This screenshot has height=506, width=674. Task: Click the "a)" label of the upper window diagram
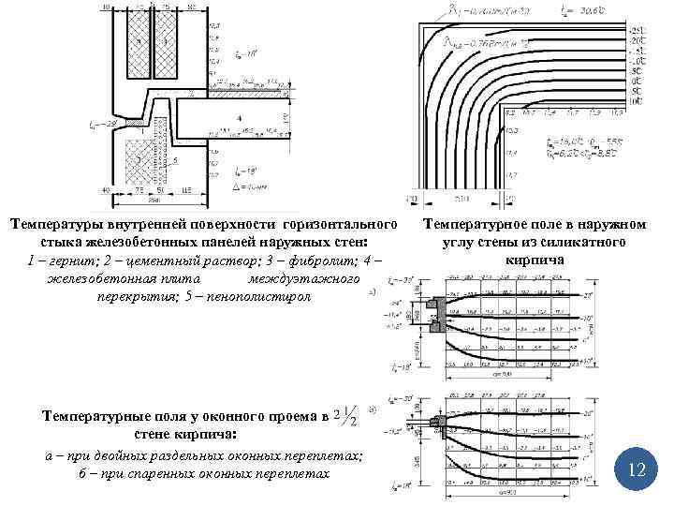[374, 291]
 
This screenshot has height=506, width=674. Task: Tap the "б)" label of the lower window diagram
[374, 409]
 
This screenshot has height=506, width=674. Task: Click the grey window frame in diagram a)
[436, 310]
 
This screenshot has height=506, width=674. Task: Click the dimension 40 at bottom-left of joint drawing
[104, 190]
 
